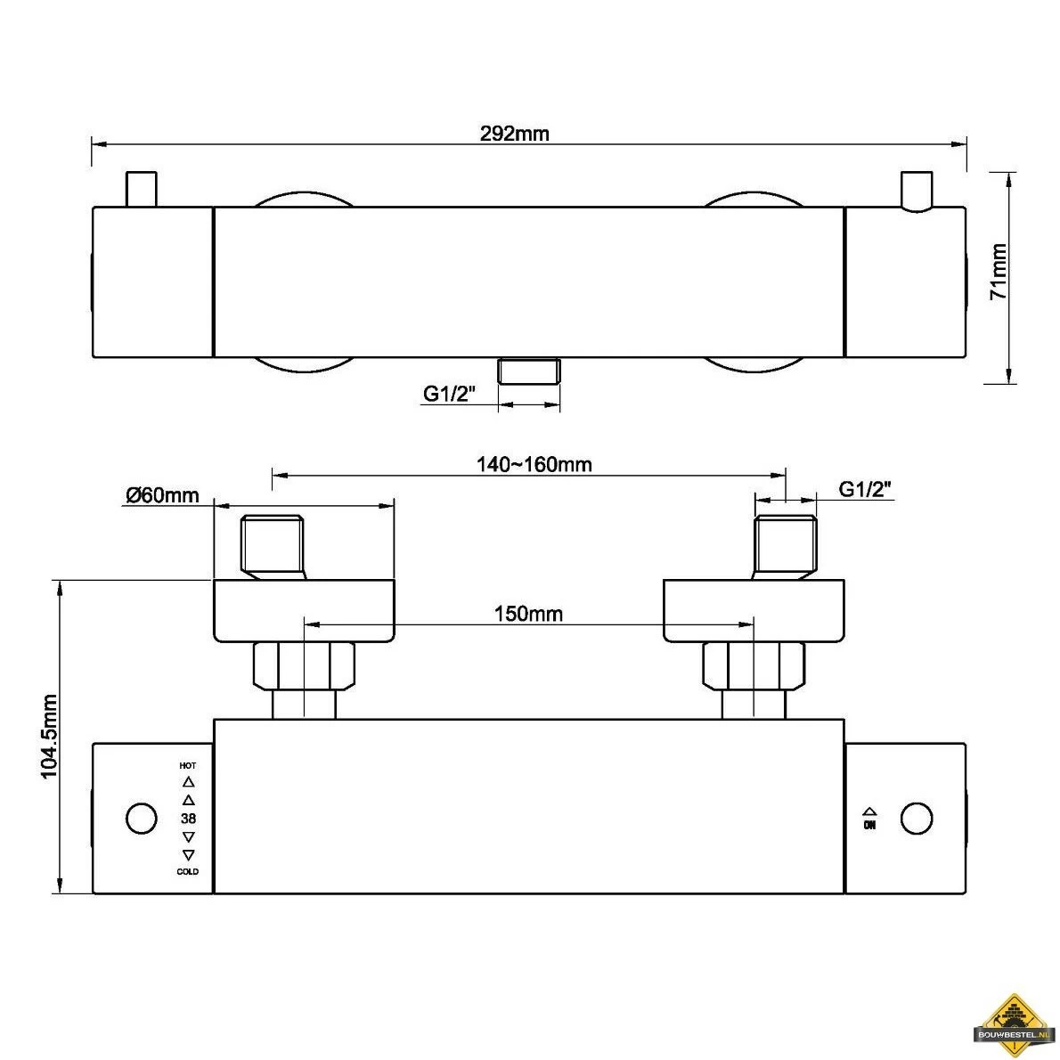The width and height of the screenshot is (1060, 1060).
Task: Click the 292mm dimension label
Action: (x=515, y=134)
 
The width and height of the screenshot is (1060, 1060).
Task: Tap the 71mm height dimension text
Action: (x=999, y=272)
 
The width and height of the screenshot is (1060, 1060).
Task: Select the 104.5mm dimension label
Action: (x=49, y=736)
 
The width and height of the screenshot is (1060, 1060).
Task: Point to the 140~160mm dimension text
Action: (x=534, y=464)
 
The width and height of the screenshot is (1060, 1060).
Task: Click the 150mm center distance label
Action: (x=528, y=614)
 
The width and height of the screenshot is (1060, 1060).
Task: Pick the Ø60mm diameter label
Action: (x=162, y=495)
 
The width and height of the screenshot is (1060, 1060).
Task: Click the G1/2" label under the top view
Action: (x=450, y=393)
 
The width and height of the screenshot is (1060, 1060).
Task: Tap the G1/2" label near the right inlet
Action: (x=865, y=488)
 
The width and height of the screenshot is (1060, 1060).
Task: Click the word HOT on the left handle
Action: (x=188, y=766)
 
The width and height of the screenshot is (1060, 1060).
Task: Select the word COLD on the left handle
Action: (x=188, y=871)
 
